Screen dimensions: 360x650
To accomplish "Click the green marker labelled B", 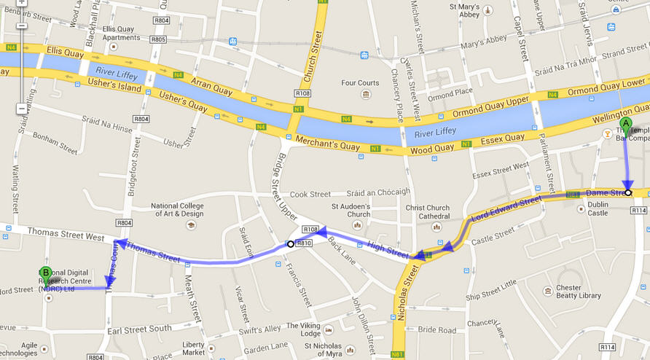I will pyautogui.click(x=46, y=275).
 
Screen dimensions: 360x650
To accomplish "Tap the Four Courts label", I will pyautogui.click(x=360, y=83).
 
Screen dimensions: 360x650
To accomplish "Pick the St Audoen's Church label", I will pyautogui.click(x=351, y=210).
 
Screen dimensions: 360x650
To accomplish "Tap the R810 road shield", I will pyautogui.click(x=305, y=243).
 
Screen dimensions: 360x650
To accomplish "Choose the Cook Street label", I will pyautogui.click(x=310, y=195).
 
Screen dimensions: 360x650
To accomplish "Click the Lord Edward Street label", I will pyautogui.click(x=506, y=208).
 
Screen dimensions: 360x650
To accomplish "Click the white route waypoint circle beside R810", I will pyautogui.click(x=290, y=244).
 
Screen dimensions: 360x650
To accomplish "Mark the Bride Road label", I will pyautogui.click(x=437, y=330).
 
